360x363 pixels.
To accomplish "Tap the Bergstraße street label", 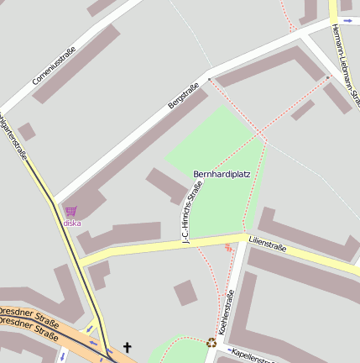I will tap(183, 94).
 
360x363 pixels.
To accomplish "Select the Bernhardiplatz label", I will tap(222, 175).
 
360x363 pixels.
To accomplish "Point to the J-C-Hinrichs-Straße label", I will tap(192, 213).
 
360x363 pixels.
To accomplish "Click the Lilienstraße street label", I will tap(268, 248).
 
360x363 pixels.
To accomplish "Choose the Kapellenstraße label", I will tap(252, 356).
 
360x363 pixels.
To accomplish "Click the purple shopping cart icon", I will tap(71, 212).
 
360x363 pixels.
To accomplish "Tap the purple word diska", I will tap(72, 224).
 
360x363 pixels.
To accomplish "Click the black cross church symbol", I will tap(128, 346).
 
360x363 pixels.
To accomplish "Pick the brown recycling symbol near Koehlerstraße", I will tap(211, 342).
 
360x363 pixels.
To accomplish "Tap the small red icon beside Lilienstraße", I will tap(228, 248).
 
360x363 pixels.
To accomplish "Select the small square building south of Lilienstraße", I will tap(185, 292).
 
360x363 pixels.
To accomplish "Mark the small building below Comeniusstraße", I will tap(27, 131).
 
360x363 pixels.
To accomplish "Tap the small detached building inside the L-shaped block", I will tap(303, 110).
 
